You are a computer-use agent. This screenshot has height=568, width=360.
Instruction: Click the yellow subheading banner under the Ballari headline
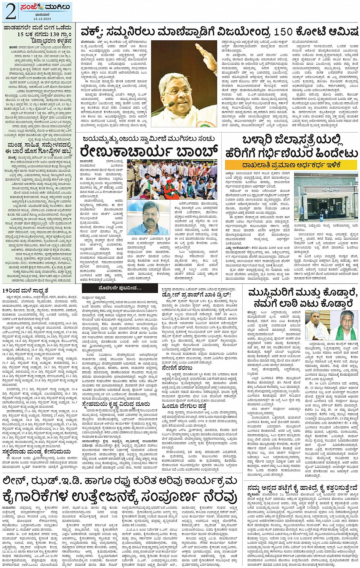tap(291, 165)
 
